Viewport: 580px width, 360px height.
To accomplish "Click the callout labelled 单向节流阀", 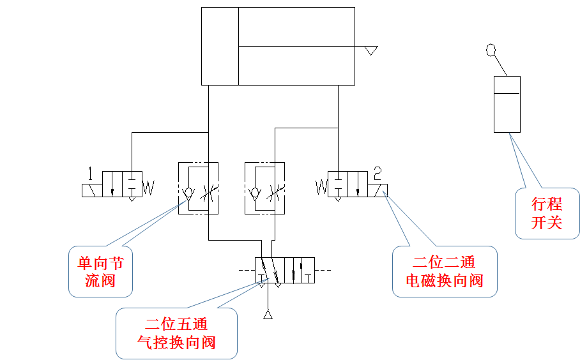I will tap(100, 272).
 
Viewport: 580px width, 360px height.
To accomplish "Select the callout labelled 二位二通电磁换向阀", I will tap(445, 271).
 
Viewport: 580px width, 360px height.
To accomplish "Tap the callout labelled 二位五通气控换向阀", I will tap(176, 333).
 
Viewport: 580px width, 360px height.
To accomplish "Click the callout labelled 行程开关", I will tap(547, 213).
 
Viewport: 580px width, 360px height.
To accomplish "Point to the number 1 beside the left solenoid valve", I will tap(91, 173).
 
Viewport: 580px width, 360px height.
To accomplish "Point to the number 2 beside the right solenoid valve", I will tap(378, 172).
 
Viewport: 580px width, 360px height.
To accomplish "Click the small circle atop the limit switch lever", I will tap(491, 50).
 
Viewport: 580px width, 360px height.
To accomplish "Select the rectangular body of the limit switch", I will tap(507, 104).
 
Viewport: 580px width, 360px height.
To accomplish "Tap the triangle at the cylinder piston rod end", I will tap(370, 50).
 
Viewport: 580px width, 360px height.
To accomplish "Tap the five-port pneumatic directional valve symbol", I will tap(285, 271).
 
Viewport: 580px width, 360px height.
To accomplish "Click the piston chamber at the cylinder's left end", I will tap(220, 46).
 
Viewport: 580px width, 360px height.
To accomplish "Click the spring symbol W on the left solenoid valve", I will tap(148, 188).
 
